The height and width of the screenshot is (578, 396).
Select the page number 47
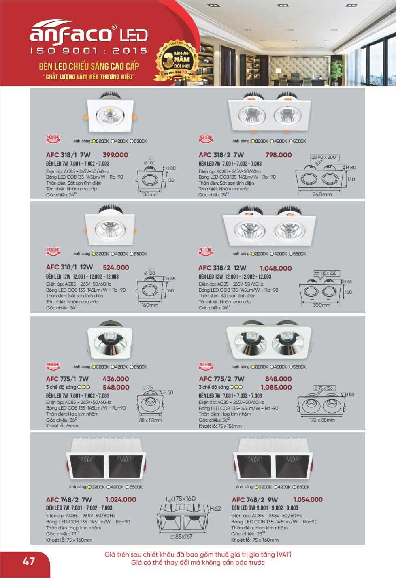coord(28,561)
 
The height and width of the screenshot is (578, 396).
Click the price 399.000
coord(115,155)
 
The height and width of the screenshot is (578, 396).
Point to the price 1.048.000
coord(275,268)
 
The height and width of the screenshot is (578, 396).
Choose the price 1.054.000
coord(308,499)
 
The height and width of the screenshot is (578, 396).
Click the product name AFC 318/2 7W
coord(221,155)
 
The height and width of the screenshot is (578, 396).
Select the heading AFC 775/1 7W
coord(67,379)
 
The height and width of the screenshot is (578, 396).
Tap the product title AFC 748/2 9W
coord(255,500)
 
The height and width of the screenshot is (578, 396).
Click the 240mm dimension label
coord(322,194)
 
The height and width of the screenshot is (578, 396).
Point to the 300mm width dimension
coord(321,305)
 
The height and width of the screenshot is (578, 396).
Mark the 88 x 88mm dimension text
coord(150,420)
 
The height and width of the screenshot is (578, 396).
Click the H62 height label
coord(215,508)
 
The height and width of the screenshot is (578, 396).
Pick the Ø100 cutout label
coord(150,163)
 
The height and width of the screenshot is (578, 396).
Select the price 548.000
coord(116,387)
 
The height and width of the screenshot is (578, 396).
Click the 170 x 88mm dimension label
coord(322,420)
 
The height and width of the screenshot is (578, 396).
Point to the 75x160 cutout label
coord(185,498)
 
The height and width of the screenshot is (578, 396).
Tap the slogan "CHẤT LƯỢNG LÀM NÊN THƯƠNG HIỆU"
coord(89,77)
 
